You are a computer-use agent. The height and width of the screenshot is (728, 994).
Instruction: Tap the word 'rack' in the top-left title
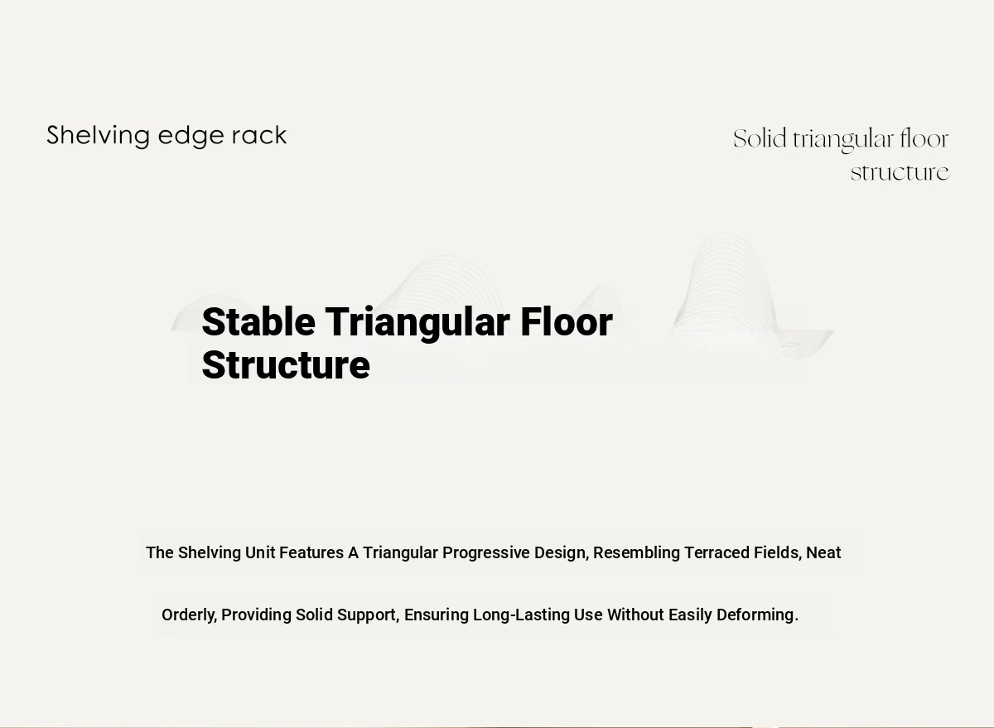point(259,135)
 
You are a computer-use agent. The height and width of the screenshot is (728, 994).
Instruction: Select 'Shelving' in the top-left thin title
point(98,137)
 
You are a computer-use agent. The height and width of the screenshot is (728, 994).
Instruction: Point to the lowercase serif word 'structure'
point(900,172)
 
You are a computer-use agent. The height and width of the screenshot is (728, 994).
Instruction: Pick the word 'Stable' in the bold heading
point(258,321)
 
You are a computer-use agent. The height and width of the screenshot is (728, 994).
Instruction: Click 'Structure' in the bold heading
point(286,365)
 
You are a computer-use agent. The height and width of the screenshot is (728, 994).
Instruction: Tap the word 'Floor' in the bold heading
point(567,321)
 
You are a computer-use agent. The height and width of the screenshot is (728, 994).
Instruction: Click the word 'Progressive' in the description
point(486,553)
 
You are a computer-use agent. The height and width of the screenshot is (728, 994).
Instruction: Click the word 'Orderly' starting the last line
point(189,615)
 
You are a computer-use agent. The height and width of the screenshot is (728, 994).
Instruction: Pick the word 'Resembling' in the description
point(637,553)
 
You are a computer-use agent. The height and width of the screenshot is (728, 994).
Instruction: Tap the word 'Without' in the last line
point(636,615)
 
